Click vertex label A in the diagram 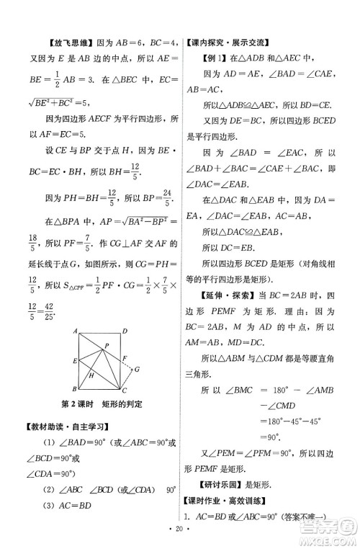[x=76, y=331]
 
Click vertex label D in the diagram [x=125, y=331]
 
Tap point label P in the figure [x=107, y=344]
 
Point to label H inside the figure [x=91, y=375]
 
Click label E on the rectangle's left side [x=74, y=360]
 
